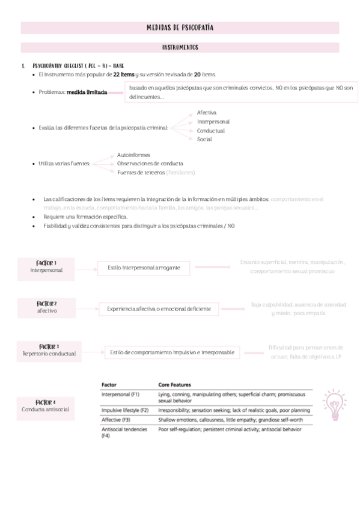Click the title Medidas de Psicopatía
pyautogui.click(x=180, y=28)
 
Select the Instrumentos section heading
pyautogui.click(x=180, y=47)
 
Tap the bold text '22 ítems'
pyautogui.click(x=124, y=74)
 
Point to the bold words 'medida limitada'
pyautogui.click(x=87, y=93)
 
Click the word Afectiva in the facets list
pyautogui.click(x=207, y=112)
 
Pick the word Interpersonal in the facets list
pyautogui.click(x=213, y=121)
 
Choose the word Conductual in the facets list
pyautogui.click(x=210, y=131)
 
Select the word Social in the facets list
pyautogui.click(x=204, y=139)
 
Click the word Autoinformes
pyautogui.click(x=133, y=155)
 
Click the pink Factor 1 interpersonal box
pyautogui.click(x=46, y=266)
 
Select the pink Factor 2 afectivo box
pyautogui.click(x=47, y=307)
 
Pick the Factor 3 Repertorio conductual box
pyautogui.click(x=49, y=350)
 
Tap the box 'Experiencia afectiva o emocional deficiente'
pyautogui.click(x=159, y=309)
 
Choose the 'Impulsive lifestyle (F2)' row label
pyautogui.click(x=124, y=410)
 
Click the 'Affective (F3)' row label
pyautogui.click(x=116, y=419)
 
